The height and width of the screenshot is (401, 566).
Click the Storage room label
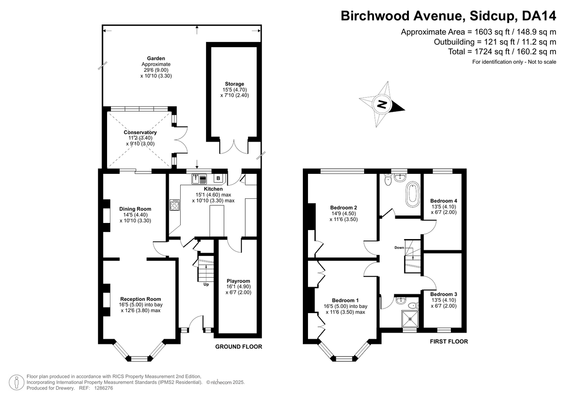[234, 84]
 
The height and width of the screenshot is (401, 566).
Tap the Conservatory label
[140, 132]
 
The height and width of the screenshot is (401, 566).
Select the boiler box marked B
[218, 178]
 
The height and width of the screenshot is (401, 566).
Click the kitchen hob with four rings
[175, 205]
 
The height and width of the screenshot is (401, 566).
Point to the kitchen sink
[200, 179]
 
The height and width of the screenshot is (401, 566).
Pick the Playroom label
[238, 281]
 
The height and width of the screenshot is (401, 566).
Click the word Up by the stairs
[206, 284]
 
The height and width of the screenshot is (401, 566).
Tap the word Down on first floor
[399, 247]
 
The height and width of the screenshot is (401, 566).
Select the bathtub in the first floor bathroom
[412, 195]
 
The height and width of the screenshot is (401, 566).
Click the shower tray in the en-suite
[410, 319]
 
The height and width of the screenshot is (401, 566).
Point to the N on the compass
[382, 104]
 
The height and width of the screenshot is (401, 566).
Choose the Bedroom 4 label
[444, 201]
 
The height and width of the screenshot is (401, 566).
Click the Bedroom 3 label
[444, 294]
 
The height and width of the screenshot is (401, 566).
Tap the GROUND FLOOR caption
[239, 347]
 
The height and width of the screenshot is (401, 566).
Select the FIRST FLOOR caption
[449, 341]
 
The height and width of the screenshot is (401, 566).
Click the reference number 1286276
[103, 388]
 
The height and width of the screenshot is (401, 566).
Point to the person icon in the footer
[17, 382]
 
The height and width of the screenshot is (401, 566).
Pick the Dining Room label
[135, 209]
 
